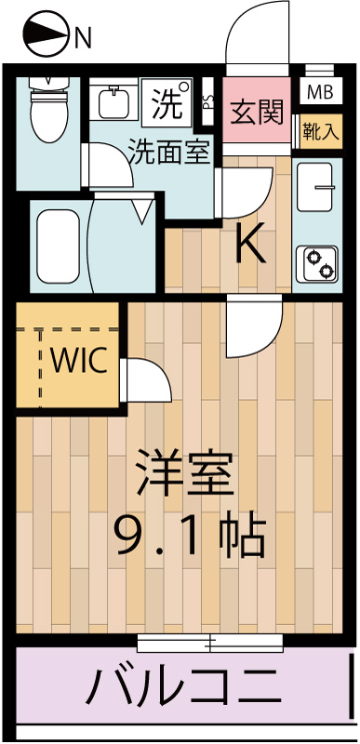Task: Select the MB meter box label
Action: pyautogui.click(x=318, y=92)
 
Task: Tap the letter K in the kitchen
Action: pyautogui.click(x=249, y=244)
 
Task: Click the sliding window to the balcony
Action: pyautogui.click(x=209, y=641)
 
